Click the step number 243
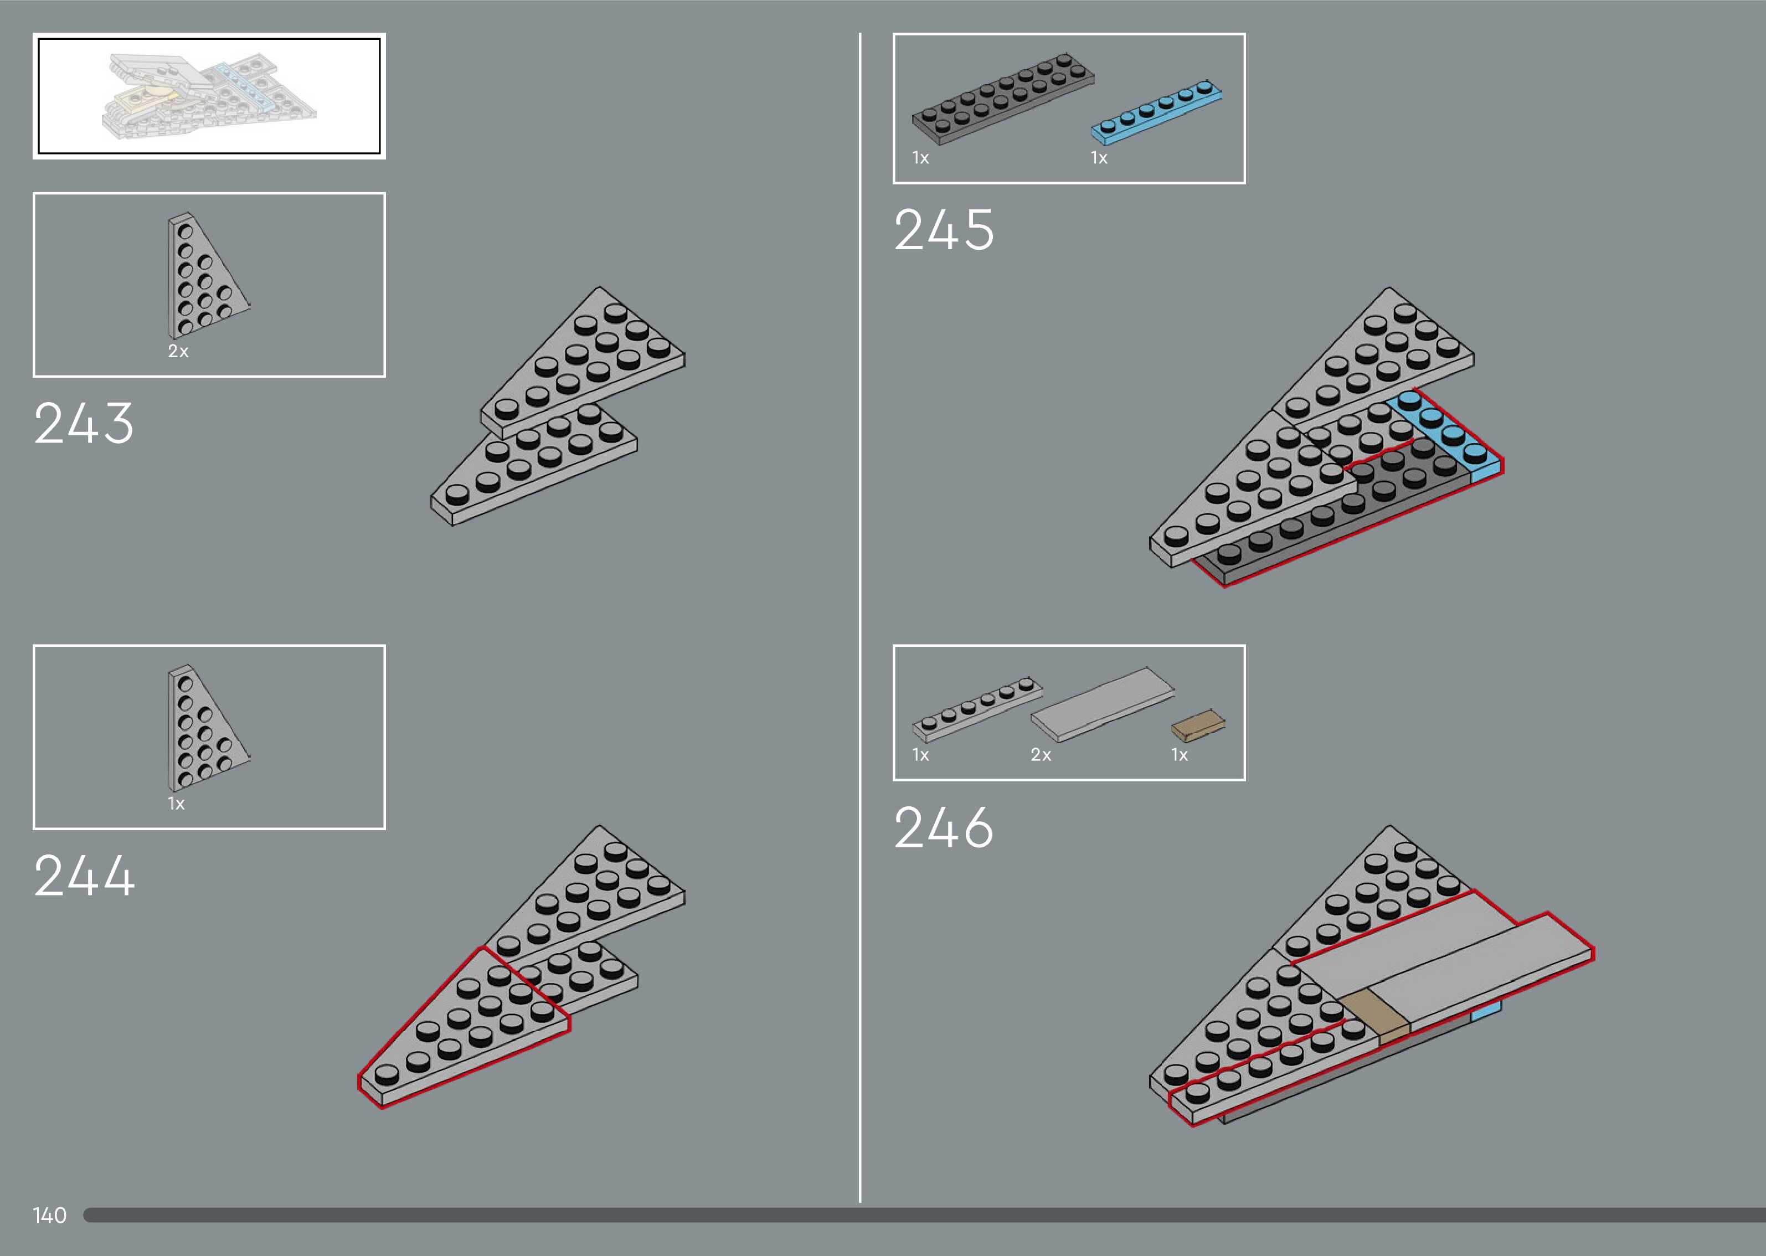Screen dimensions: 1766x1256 (84, 423)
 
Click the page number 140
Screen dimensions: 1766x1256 (49, 1215)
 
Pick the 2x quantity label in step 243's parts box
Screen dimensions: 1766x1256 (178, 351)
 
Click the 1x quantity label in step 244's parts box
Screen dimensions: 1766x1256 (176, 804)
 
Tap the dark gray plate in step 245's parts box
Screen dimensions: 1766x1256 (1002, 99)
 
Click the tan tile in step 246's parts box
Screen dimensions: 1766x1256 (1198, 725)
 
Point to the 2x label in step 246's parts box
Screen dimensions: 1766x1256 (1041, 755)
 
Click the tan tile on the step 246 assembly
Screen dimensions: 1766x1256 (1373, 1016)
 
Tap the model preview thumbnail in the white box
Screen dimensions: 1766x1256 (209, 96)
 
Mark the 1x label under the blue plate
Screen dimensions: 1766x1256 (1099, 158)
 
